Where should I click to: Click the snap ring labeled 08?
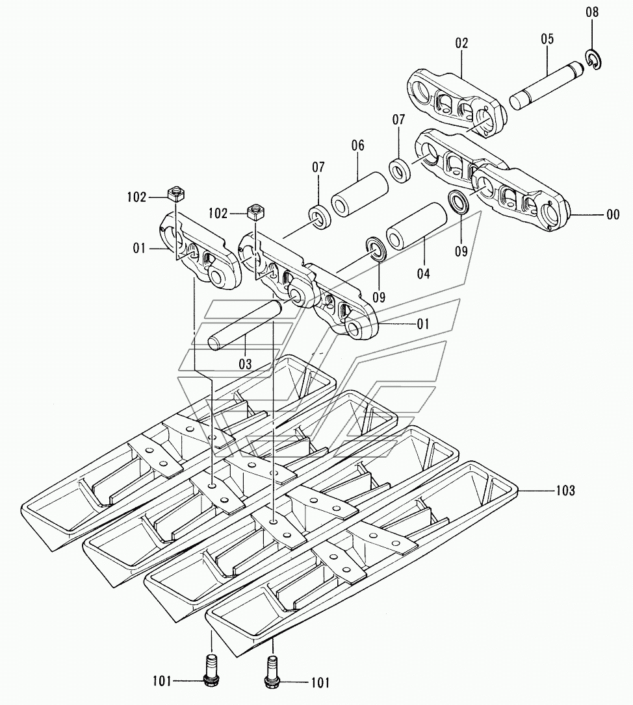pyautogui.click(x=594, y=60)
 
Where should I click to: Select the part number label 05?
pyautogui.click(x=547, y=39)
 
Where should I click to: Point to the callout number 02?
pyautogui.click(x=461, y=43)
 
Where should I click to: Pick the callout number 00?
pyautogui.click(x=612, y=215)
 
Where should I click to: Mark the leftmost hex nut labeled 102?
pyautogui.click(x=174, y=194)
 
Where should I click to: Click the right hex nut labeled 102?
pyautogui.click(x=255, y=211)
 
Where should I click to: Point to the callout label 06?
pyautogui.click(x=358, y=146)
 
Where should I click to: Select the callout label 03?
pyautogui.click(x=244, y=364)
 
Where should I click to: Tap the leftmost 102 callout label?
pyautogui.click(x=136, y=197)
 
